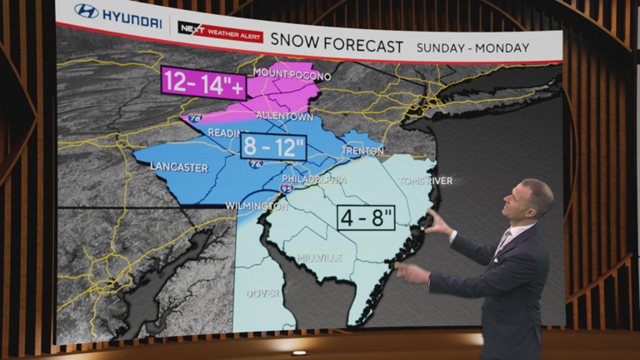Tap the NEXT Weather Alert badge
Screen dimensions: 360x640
pyautogui.click(x=220, y=32)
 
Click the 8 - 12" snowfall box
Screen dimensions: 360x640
pyautogui.click(x=273, y=147)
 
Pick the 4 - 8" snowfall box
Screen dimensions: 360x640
pyautogui.click(x=365, y=218)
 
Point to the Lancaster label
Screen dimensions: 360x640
pyautogui.click(x=179, y=167)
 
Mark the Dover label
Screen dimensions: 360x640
pyautogui.click(x=262, y=293)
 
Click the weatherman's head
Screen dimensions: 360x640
pyautogui.click(x=536, y=199)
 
